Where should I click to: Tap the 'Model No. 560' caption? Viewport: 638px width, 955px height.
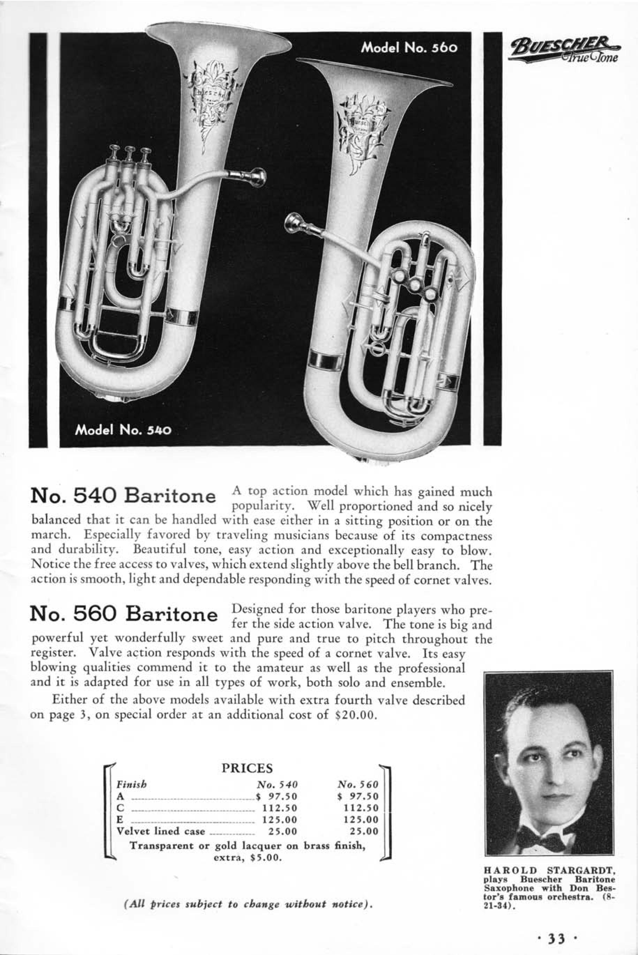[409, 48]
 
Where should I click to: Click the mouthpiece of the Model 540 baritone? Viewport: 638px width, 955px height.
[258, 177]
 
